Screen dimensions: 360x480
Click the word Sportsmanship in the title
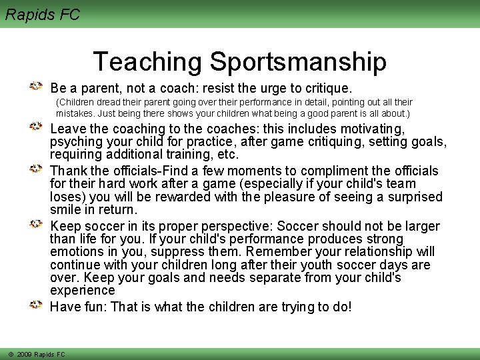tap(298, 62)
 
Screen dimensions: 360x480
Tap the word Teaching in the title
tap(147, 62)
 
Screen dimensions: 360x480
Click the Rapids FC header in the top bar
tap(43, 14)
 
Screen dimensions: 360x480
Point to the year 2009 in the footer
tap(25, 354)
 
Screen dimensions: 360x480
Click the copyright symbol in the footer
tap(11, 354)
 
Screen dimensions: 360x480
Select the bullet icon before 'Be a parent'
tap(38, 87)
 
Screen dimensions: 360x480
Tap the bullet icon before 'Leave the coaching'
tap(38, 127)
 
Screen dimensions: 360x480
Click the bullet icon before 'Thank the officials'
tap(38, 169)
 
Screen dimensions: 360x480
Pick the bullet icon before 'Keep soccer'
tap(38, 225)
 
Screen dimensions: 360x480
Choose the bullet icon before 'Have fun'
tap(38, 305)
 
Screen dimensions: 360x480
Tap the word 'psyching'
tap(74, 141)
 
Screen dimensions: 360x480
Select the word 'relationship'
tap(374, 252)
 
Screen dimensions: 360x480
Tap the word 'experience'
tap(82, 291)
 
